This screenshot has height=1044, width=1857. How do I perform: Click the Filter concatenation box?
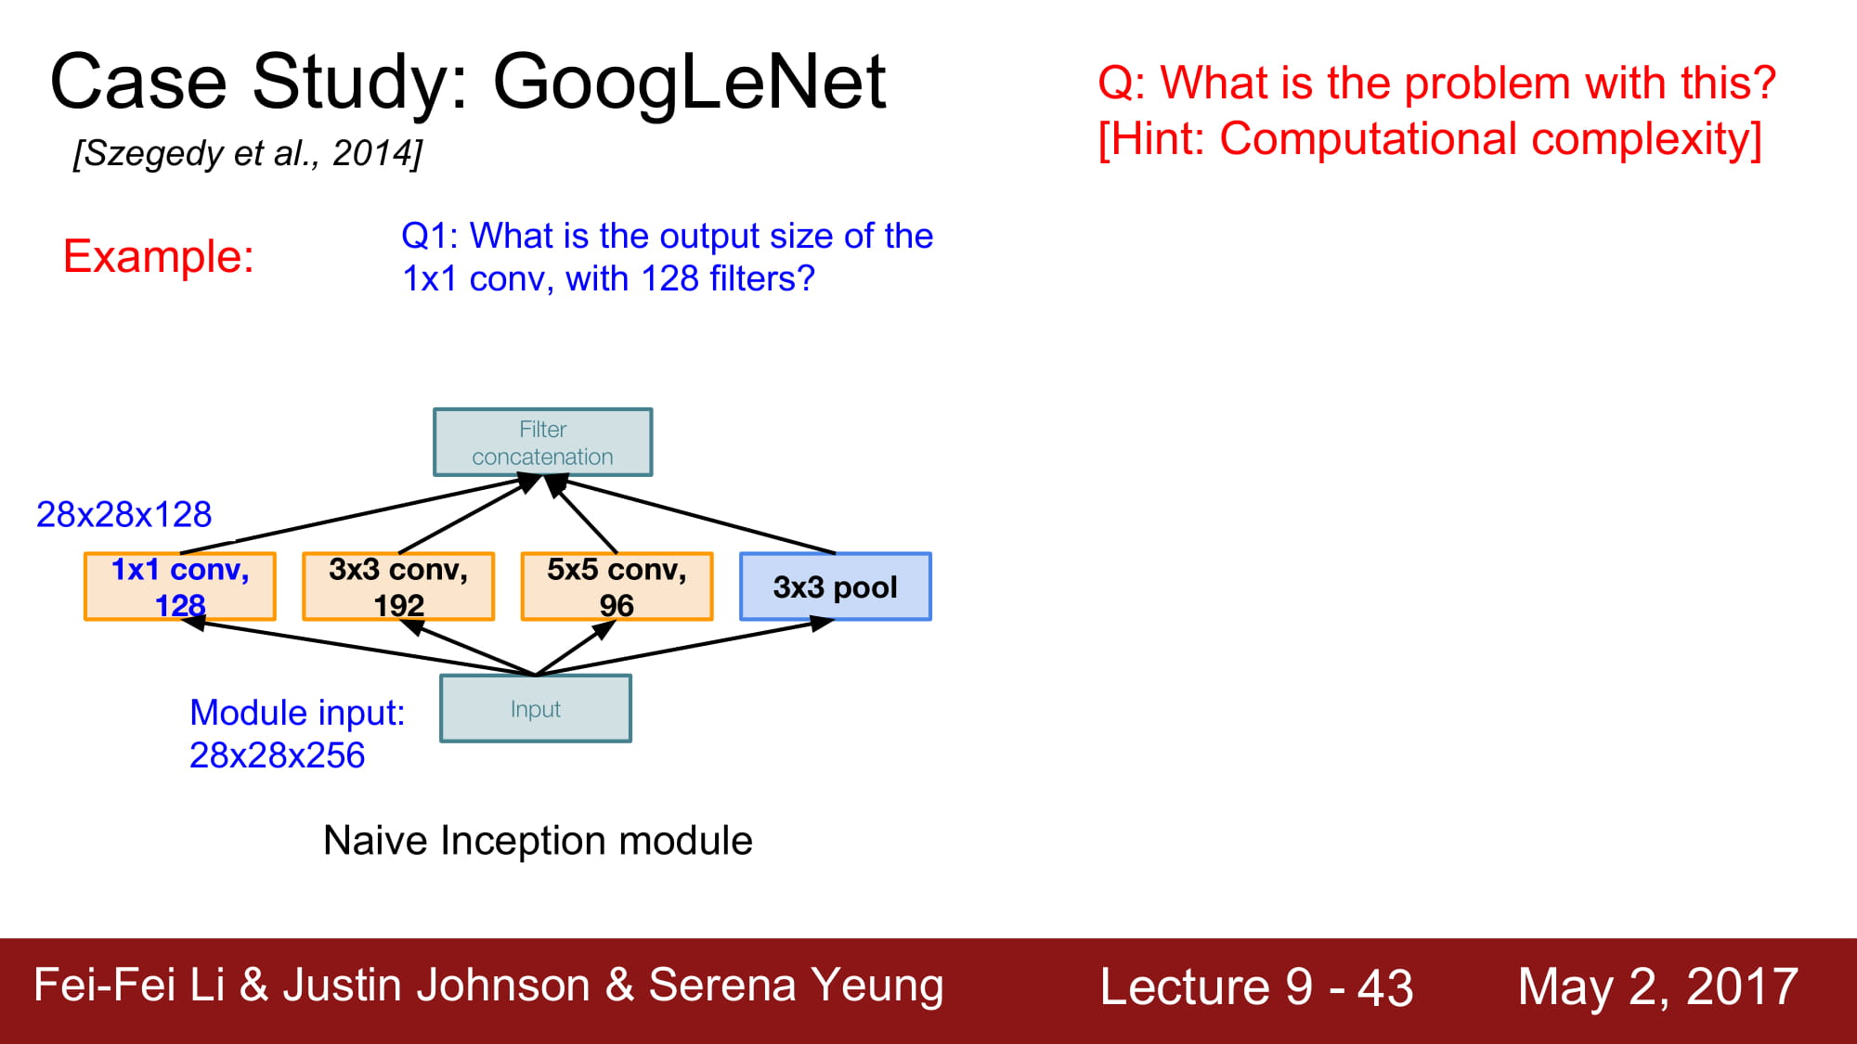[543, 443]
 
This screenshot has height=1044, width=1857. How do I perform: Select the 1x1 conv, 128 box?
[180, 586]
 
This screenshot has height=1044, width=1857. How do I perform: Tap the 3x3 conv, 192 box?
[398, 586]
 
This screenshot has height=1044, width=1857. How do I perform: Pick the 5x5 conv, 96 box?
[617, 586]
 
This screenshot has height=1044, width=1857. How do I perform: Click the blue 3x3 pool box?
[836, 586]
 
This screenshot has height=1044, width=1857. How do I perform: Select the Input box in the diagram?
[536, 709]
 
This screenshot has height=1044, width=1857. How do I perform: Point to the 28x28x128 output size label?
[124, 514]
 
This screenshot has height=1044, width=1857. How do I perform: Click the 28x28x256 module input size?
[277, 755]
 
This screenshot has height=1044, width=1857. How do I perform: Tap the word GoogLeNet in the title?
[689, 84]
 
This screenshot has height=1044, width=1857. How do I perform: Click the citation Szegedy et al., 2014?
[248, 153]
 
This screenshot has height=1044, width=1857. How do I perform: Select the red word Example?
[159, 256]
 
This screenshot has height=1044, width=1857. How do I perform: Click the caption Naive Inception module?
[538, 841]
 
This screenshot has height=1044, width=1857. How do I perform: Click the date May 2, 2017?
[1658, 986]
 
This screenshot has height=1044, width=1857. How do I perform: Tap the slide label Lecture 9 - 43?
[1256, 986]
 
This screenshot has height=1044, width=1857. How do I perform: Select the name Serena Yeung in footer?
[796, 986]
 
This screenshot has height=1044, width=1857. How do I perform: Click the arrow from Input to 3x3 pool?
[684, 648]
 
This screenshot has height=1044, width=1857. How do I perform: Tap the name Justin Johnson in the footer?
[436, 986]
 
